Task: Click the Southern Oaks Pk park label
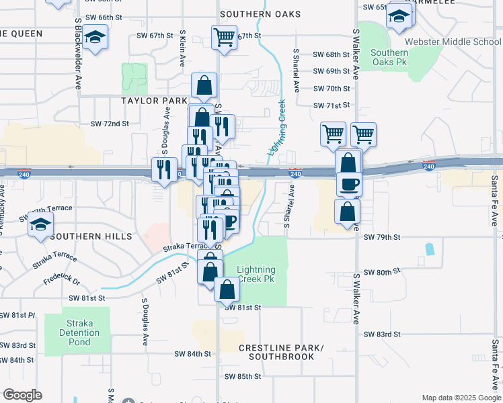(x=389, y=58)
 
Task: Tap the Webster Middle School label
(x=459, y=42)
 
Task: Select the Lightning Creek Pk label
(x=256, y=274)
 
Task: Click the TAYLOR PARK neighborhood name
(x=154, y=100)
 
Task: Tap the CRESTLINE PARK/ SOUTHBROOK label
(x=281, y=352)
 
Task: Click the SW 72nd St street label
(x=110, y=124)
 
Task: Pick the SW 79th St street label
(x=381, y=237)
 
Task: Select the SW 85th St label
(x=242, y=377)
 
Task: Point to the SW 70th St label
(x=332, y=89)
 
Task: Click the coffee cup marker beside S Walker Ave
(x=348, y=183)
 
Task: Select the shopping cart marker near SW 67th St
(x=224, y=37)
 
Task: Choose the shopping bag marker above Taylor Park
(x=204, y=86)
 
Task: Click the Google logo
(x=22, y=395)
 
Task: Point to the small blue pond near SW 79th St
(x=428, y=249)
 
